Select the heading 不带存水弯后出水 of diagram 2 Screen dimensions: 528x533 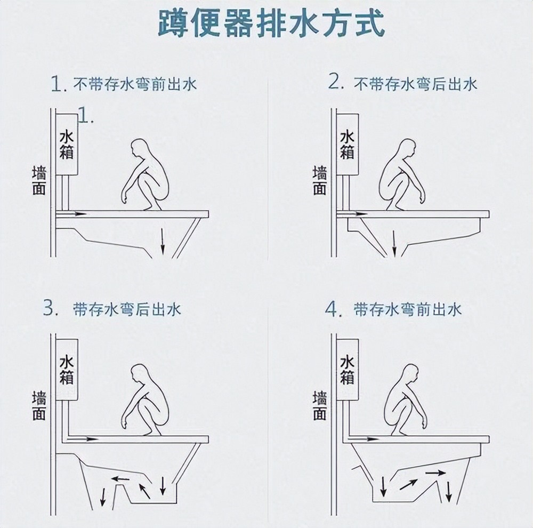point(416,84)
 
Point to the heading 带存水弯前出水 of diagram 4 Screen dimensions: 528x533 point(408,309)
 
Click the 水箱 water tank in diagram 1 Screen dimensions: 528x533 point(67,145)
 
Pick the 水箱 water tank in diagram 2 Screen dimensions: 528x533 point(347,145)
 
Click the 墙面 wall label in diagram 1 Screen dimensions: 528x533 point(39,181)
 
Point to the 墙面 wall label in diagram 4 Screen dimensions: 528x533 point(320,406)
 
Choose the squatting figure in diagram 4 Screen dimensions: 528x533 point(403,400)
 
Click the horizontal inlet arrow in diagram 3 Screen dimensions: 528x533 point(85,439)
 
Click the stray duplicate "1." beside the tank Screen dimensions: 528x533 point(86,115)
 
